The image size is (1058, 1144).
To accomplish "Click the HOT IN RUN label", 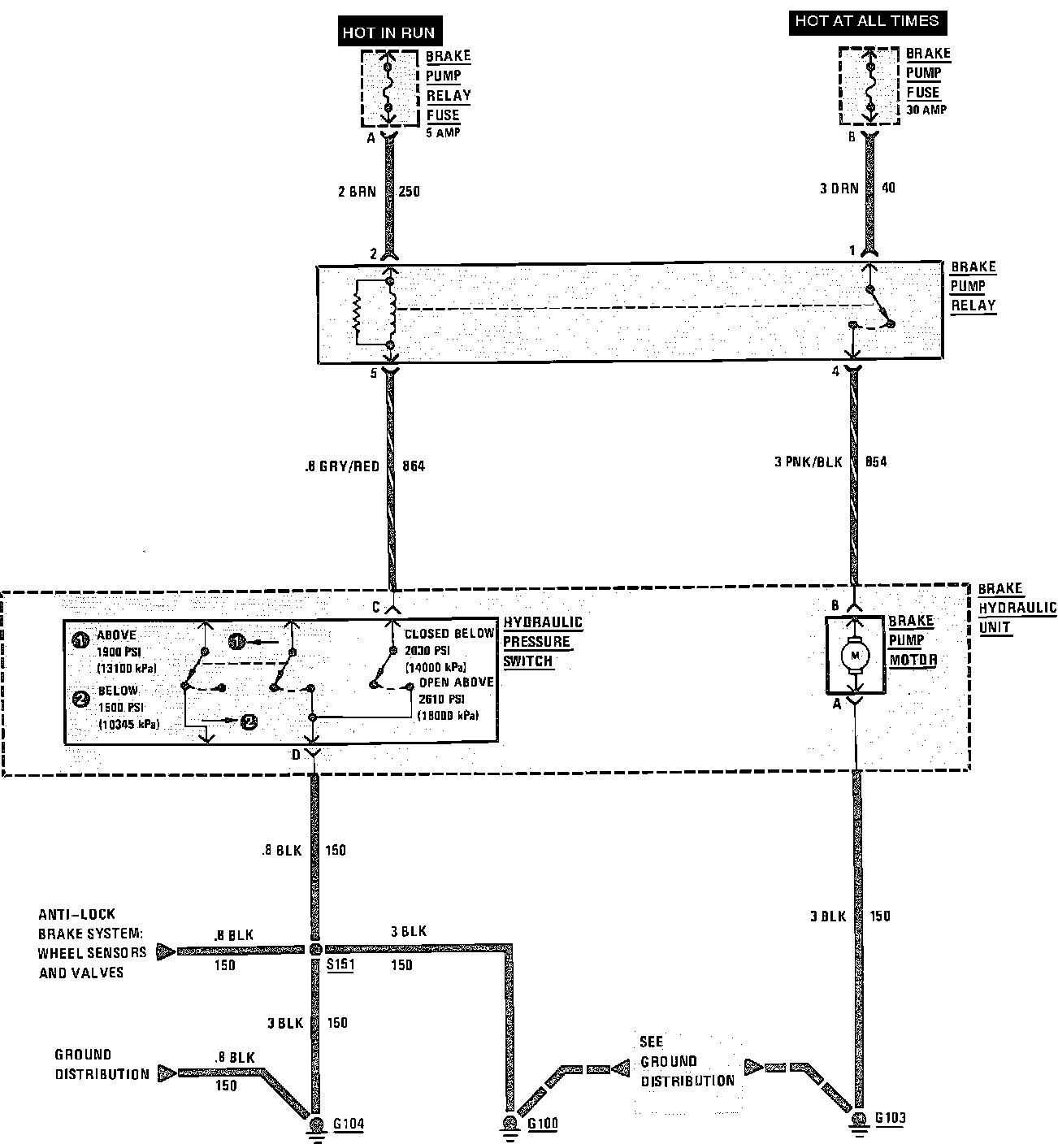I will (388, 33).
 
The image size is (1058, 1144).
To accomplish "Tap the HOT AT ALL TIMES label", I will (867, 22).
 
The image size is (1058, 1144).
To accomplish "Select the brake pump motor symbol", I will (854, 655).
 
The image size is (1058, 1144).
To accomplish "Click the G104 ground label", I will (349, 1124).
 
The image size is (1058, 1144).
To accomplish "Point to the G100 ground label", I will (543, 1124).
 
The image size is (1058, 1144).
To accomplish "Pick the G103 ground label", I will (890, 1118).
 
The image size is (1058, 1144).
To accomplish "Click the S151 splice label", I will (340, 965).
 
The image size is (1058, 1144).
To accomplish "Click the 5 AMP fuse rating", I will (443, 132).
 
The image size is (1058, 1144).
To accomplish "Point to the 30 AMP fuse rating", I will (926, 110).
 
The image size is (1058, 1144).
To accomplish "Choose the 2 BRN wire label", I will (357, 192).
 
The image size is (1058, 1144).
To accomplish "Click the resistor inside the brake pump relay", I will (357, 313).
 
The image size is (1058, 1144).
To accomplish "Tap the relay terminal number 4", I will (835, 372).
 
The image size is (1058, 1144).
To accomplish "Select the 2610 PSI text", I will (442, 699).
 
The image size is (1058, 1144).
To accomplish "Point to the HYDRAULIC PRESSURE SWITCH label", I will (542, 642).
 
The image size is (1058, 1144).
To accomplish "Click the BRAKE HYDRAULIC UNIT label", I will (1017, 608).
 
